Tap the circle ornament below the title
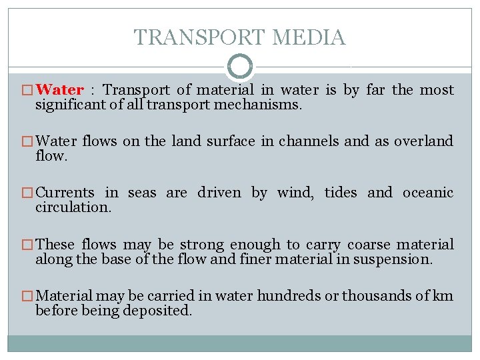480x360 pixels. (x=240, y=67)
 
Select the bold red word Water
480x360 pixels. (x=59, y=90)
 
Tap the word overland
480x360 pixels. (x=423, y=141)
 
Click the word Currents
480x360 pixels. (x=65, y=193)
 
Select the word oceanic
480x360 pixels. (x=427, y=193)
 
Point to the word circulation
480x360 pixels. (x=73, y=207)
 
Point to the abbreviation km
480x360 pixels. (x=443, y=296)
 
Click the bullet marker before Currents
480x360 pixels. (x=27, y=193)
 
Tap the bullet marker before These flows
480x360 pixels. (x=27, y=245)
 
